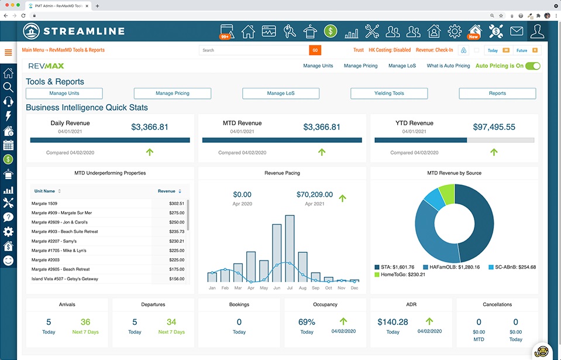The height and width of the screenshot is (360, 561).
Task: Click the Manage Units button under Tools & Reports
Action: pos(64,93)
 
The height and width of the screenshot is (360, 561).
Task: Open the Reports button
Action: pos(497,93)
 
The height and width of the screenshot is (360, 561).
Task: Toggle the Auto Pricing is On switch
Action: pos(532,66)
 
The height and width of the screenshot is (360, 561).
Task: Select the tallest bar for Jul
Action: pos(290,249)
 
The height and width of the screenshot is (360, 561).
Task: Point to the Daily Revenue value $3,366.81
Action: pos(150,127)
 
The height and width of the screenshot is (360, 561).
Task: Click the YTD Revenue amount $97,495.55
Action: pos(494,127)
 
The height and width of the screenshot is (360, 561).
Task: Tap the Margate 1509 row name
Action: pos(44,204)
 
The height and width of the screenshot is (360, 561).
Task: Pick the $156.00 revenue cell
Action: pos(176,279)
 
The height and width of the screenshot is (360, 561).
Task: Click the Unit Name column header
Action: pos(45,191)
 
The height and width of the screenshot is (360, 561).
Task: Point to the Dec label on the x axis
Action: pos(354,288)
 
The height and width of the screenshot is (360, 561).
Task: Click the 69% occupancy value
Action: pos(307,322)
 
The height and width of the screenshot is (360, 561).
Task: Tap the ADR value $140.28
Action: pos(393,322)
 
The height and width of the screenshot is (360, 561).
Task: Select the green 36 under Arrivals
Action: pos(85,322)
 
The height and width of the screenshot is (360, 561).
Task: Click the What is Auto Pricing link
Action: pos(448,66)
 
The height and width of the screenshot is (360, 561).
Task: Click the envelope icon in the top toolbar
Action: pos(517,31)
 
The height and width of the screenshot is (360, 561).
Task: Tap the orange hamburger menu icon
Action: pos(8,53)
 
